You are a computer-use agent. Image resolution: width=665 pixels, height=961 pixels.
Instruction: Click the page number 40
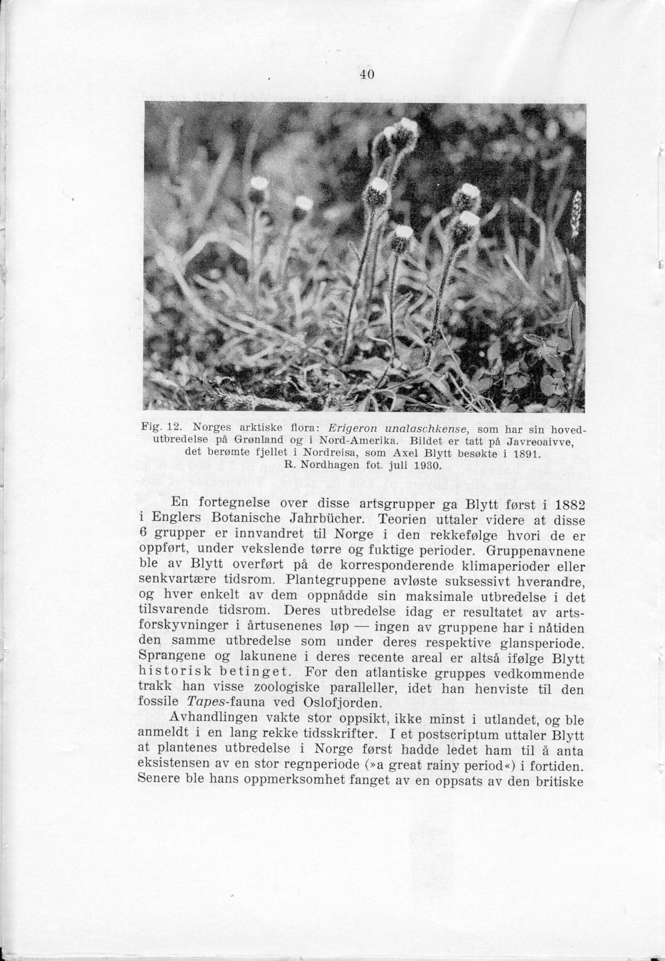[367, 74]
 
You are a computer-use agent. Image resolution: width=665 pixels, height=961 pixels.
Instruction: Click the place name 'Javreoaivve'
[542, 441]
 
